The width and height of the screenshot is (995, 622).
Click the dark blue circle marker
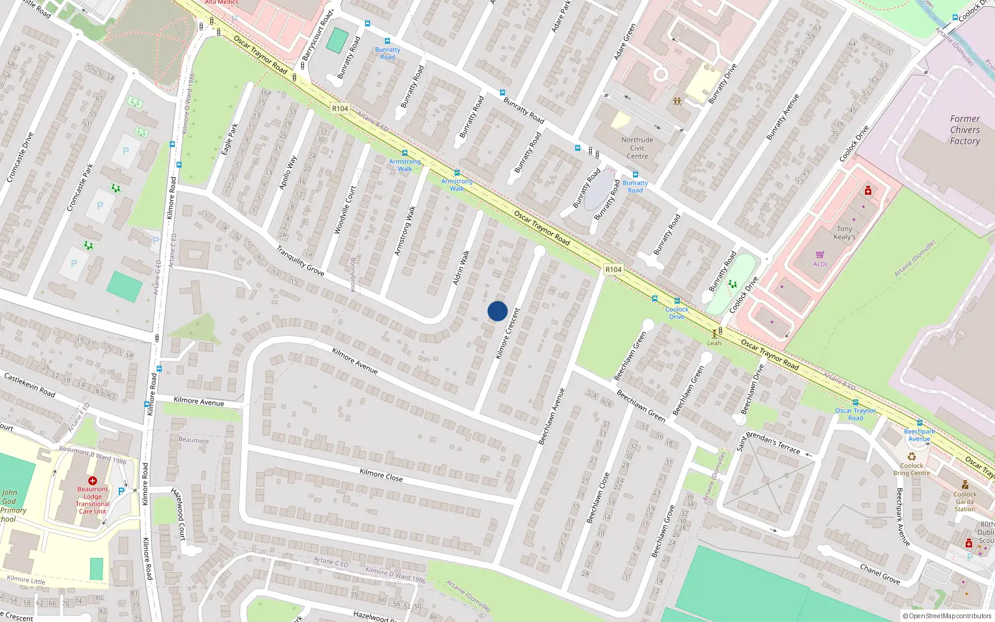click(x=497, y=311)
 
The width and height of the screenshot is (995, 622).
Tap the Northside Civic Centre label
click(x=637, y=148)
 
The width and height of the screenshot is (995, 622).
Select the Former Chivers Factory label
click(x=965, y=130)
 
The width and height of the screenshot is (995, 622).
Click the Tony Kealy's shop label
click(x=844, y=233)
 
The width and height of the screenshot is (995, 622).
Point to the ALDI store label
click(x=820, y=264)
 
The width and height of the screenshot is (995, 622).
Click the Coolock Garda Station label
click(x=965, y=501)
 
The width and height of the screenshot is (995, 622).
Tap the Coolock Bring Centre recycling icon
click(x=912, y=457)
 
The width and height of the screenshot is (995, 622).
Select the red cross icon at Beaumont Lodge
click(x=93, y=481)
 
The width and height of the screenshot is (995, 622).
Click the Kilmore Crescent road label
click(x=507, y=333)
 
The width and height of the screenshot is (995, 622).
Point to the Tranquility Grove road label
click(x=300, y=261)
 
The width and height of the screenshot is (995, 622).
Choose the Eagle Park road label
click(x=229, y=139)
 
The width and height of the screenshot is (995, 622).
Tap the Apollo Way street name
click(x=288, y=172)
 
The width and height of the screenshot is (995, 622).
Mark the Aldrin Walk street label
click(x=461, y=268)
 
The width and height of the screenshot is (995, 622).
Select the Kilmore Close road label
click(x=381, y=475)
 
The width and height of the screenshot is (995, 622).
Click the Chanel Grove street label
click(x=880, y=573)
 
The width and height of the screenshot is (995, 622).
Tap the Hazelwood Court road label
click(x=178, y=514)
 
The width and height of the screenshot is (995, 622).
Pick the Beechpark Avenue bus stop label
click(x=919, y=435)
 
